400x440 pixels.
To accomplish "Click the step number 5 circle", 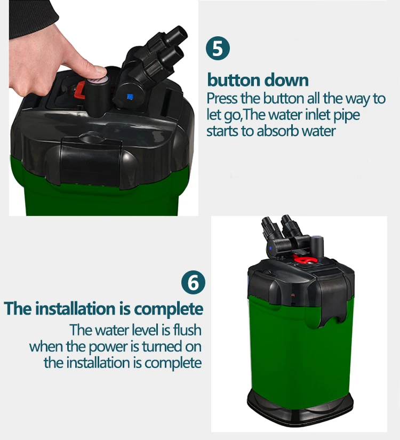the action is [x=218, y=48].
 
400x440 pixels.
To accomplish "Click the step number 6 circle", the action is [x=193, y=282].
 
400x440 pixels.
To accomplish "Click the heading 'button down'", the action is [x=258, y=80].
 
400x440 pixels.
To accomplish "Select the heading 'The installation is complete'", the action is [x=103, y=309].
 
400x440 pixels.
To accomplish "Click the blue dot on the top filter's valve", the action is [x=130, y=97].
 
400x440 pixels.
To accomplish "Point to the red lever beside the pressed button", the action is [x=80, y=90].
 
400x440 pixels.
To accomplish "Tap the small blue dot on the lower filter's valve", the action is [x=270, y=248].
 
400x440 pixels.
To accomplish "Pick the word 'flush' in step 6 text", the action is [x=187, y=330].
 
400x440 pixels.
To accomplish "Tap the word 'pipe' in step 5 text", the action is [x=346, y=116].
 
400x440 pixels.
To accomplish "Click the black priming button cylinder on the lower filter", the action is [x=317, y=246].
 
